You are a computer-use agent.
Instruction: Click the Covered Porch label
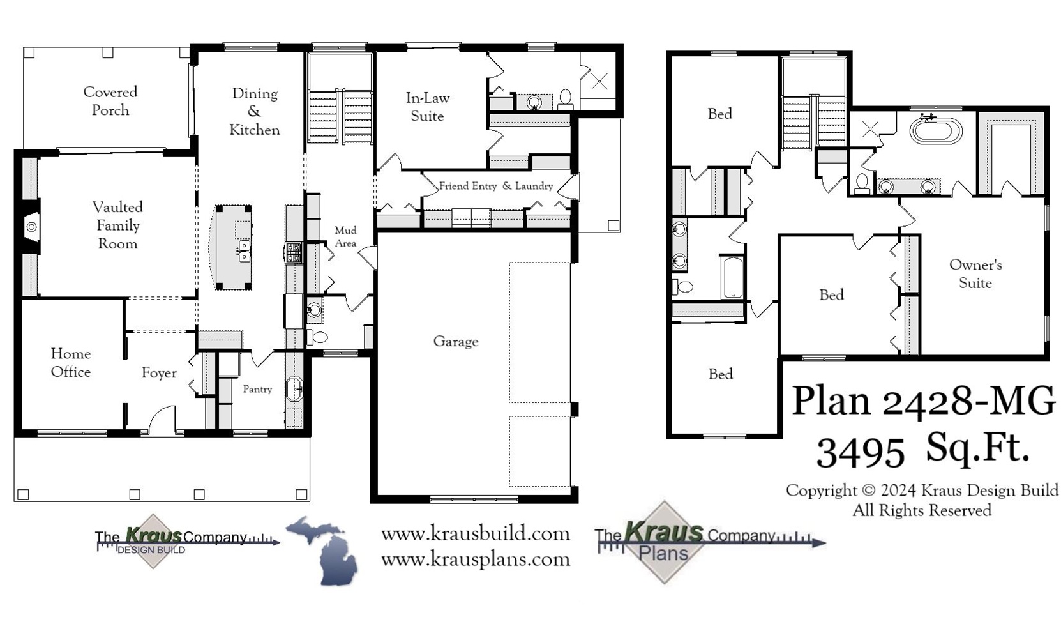(x=110, y=101)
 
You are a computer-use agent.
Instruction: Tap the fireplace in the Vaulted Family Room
(x=31, y=227)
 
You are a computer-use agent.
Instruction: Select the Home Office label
(x=70, y=363)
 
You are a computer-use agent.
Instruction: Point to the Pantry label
(x=257, y=389)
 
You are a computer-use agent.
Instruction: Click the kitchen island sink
(x=244, y=251)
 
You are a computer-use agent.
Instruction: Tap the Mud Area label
(x=345, y=236)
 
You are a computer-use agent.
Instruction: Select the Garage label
(x=455, y=342)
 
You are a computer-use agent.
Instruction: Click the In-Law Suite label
(x=427, y=107)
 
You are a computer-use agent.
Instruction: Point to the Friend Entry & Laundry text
(x=495, y=186)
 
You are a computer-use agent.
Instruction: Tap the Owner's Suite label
(x=975, y=273)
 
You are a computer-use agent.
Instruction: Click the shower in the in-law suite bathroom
(x=599, y=80)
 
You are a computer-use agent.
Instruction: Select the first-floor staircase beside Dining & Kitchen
(x=340, y=117)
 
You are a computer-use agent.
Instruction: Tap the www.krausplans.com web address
(x=475, y=560)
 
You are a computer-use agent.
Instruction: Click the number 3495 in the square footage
(x=861, y=452)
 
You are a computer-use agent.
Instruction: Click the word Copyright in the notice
(x=821, y=491)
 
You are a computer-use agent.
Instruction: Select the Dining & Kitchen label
(x=254, y=112)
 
